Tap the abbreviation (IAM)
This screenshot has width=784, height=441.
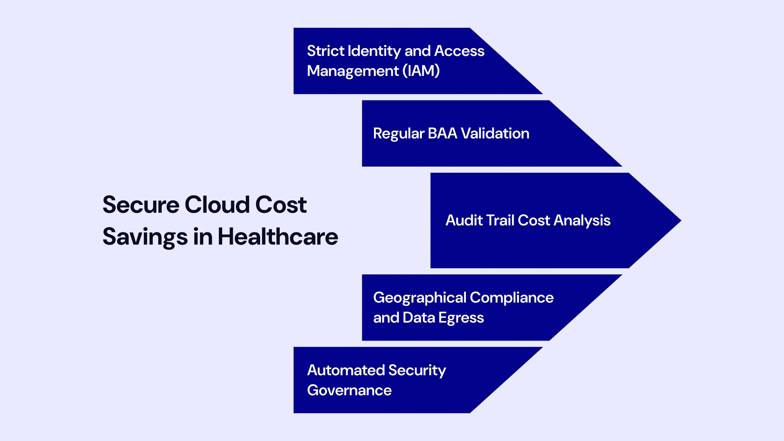pos(421,71)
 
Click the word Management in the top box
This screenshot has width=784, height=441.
pos(353,71)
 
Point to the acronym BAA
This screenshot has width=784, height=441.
pos(442,134)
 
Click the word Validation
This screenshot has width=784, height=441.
pos(495,134)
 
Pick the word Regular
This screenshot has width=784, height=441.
pos(399,134)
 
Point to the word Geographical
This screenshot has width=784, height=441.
pos(419,298)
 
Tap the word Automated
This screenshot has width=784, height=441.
pos(345,370)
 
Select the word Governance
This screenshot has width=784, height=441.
pos(349,390)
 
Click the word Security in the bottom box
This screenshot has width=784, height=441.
pos(417,371)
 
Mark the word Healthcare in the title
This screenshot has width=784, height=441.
pos(278,237)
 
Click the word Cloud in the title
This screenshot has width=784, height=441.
pos(217,205)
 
